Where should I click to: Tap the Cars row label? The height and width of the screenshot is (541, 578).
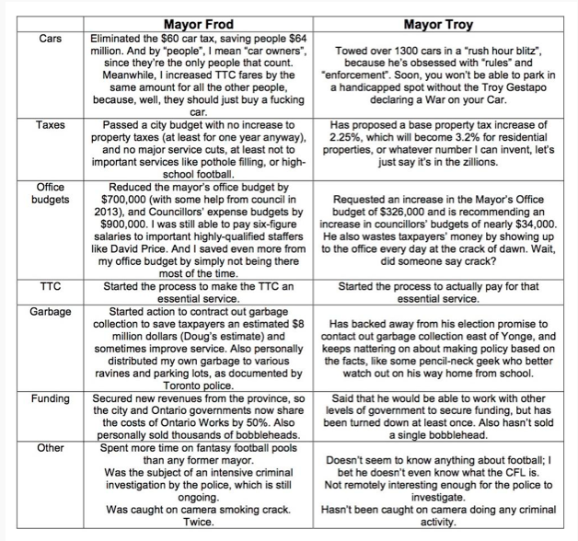[51, 40]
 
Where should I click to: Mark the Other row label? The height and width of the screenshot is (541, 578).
[51, 449]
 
